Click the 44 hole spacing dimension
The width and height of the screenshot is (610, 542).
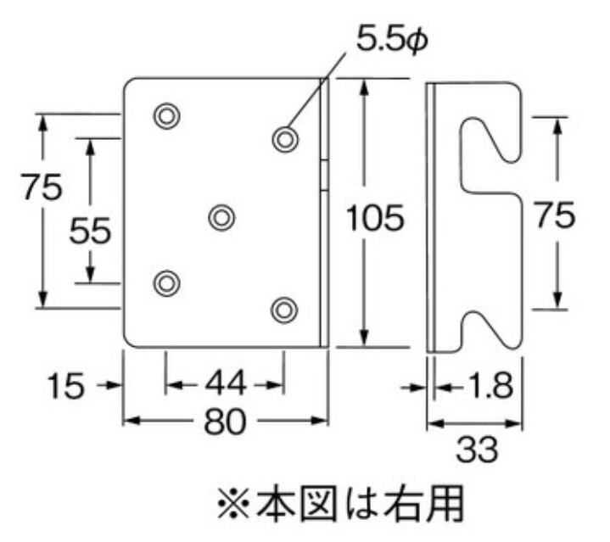224,385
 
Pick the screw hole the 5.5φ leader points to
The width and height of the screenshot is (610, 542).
285,138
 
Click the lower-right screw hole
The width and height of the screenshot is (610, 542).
285,309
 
